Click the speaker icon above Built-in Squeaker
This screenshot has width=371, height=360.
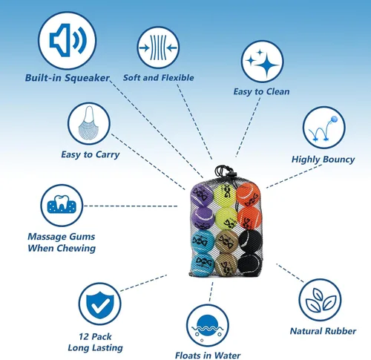(68, 40)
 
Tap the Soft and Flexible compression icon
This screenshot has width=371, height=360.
(158, 48)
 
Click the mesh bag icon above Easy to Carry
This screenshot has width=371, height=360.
(89, 123)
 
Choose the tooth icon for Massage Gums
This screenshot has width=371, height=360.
(62, 206)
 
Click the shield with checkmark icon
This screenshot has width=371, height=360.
(100, 304)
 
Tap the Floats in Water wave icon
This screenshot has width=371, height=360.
(208, 326)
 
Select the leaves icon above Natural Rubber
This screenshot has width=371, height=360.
(320, 300)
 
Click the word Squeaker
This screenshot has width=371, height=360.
(87, 78)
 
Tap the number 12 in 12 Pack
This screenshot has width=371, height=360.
(83, 337)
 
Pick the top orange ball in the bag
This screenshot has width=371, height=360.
(248, 195)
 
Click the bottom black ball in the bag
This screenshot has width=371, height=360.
(250, 264)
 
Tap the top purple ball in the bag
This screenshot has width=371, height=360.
(202, 196)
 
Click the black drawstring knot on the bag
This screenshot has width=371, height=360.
(224, 171)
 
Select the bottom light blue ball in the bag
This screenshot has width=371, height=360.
(203, 265)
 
